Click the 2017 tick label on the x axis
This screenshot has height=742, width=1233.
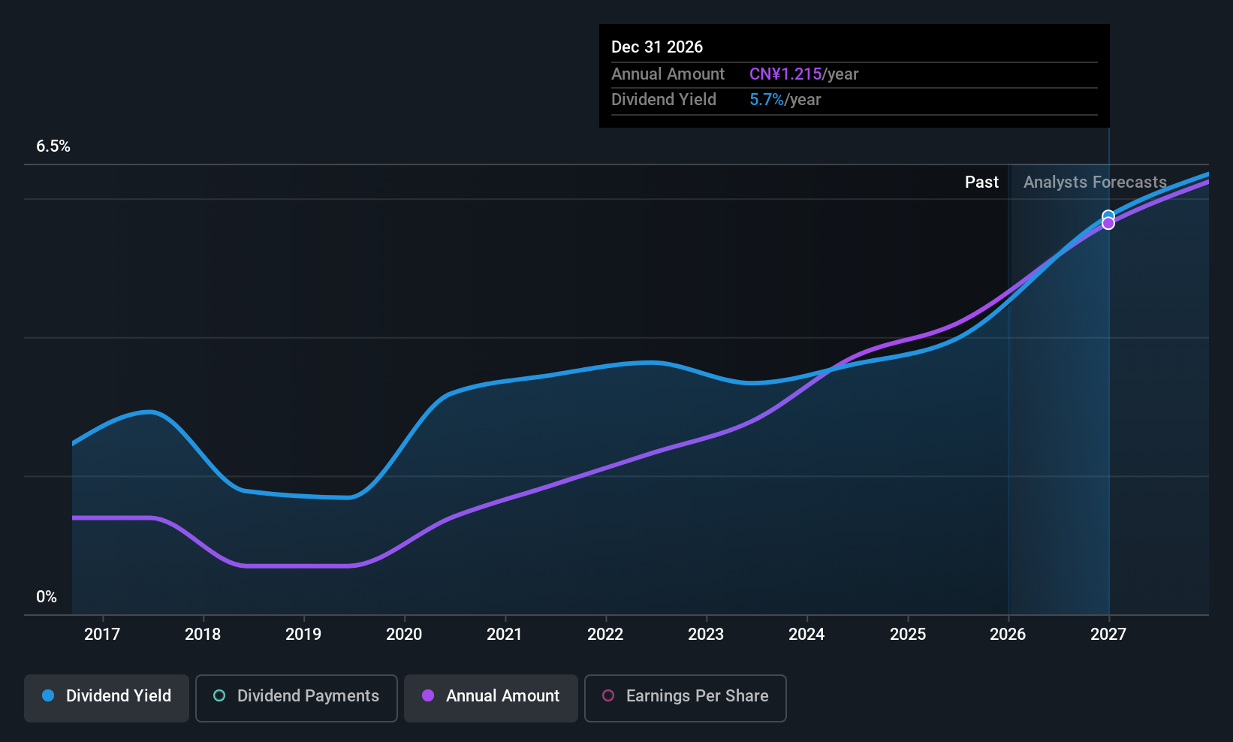point(102,634)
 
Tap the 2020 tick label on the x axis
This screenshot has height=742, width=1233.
point(404,634)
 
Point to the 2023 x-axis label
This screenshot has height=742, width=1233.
point(706,634)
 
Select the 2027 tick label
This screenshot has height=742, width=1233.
point(1108,634)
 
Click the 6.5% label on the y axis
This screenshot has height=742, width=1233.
point(53,146)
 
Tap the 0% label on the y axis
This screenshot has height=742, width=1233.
point(47,597)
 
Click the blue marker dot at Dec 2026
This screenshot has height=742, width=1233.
point(1108,216)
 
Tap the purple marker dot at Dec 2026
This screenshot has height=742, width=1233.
point(1108,224)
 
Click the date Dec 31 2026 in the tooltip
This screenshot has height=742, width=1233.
point(657,47)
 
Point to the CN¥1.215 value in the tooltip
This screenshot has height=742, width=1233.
point(785,74)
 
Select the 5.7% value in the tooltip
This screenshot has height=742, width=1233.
point(767,100)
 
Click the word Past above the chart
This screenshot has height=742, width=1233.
point(981,182)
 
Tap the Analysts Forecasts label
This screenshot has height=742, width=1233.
point(1095,182)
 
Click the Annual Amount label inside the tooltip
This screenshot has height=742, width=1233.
point(668,74)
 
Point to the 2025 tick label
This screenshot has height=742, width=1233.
point(908,634)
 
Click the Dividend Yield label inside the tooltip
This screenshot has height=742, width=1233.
point(664,100)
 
